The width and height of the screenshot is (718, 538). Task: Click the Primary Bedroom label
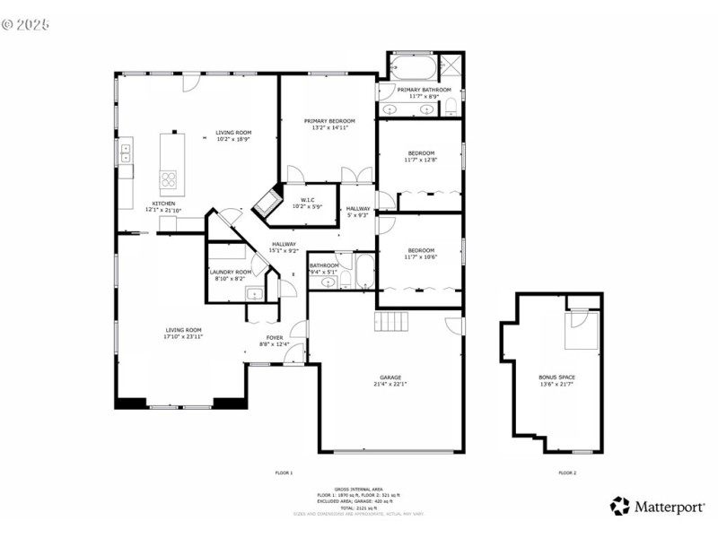(328, 125)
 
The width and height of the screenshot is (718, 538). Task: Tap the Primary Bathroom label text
(424, 93)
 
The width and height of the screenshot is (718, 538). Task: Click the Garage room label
(390, 380)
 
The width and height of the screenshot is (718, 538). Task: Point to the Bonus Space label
(556, 380)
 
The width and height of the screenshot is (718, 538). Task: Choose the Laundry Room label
(230, 274)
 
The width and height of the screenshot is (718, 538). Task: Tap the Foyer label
(274, 340)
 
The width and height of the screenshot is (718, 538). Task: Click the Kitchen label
(163, 206)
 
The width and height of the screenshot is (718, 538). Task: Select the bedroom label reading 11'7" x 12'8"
(421, 156)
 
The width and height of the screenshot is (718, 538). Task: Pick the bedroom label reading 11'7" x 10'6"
(421, 254)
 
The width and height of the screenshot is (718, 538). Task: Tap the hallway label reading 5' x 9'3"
(358, 212)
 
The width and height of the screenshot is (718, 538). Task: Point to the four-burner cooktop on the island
(169, 180)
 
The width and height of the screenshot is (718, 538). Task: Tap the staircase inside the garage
(391, 321)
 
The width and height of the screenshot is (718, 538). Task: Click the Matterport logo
(657, 507)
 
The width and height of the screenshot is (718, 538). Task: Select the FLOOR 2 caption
(567, 473)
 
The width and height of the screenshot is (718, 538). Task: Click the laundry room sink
(255, 292)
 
